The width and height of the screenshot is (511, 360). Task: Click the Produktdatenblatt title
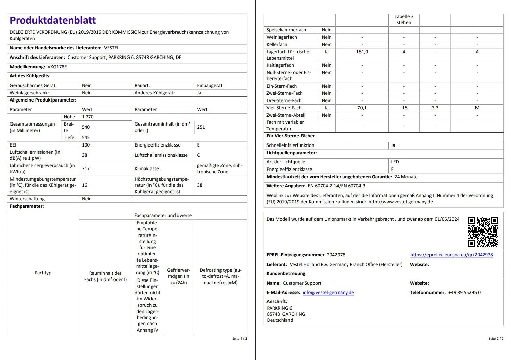pos(53,20)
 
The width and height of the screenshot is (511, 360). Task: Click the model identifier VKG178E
pos(57,67)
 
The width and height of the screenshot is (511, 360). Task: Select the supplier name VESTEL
pos(112,48)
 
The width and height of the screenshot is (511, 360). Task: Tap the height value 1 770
pos(88,117)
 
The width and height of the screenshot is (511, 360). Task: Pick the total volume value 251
pos(201,127)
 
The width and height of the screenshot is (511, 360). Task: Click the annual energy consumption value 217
pos(86,168)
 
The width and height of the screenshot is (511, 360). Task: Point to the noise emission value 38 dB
pos(85,155)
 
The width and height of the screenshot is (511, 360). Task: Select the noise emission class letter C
pos(199,155)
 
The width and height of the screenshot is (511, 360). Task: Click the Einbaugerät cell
pos(210,85)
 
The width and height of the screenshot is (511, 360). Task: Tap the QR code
pos(483,232)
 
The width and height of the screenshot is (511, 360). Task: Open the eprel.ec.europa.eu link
pos(451,255)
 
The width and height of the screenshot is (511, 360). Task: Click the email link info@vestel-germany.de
pos(328,292)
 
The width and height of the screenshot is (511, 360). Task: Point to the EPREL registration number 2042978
pos(336,255)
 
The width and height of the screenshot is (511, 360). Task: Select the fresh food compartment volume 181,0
pos(362,52)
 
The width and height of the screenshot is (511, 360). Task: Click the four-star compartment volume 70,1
pos(362,108)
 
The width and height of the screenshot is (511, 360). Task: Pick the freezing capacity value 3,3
pos(435,108)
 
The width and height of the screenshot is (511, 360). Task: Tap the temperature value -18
pos(404,108)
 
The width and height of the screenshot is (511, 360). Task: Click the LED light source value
pos(395,162)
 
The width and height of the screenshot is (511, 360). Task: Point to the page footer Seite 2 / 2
pos(496,338)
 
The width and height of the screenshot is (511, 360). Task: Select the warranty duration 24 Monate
pos(406,177)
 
